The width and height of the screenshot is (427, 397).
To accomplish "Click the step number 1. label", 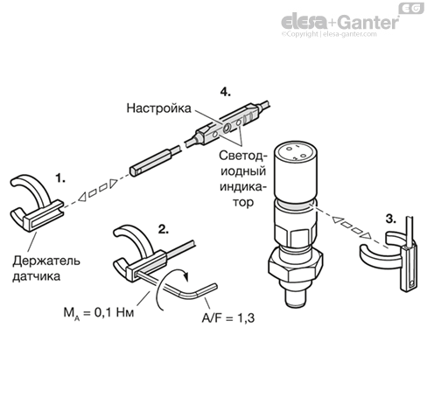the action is [x=60, y=178].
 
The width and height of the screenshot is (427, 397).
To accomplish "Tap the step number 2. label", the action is [x=164, y=229].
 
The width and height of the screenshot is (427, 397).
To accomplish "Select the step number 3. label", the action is [x=391, y=219].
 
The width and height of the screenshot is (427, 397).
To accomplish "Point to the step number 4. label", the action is [x=225, y=92].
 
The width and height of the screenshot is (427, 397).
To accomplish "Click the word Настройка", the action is [x=158, y=108].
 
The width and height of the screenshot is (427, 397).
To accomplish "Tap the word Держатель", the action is [x=46, y=261].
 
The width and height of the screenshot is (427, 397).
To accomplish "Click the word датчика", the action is [x=37, y=276].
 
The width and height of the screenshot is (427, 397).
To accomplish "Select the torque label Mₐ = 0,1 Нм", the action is [x=99, y=313].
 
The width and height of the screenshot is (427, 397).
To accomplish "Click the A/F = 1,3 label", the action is [x=228, y=317].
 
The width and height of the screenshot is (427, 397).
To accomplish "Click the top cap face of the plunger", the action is [x=296, y=151].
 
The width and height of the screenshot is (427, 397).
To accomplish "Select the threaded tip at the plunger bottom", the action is [x=296, y=298].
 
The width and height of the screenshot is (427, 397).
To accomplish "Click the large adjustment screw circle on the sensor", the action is [x=227, y=128].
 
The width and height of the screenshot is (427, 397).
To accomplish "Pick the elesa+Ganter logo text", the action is [x=340, y=22].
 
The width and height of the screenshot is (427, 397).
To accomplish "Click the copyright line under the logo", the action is [x=329, y=34].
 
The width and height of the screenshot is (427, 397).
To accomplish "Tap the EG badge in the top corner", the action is [x=411, y=9].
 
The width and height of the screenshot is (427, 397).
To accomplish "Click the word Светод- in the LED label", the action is [x=242, y=156].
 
